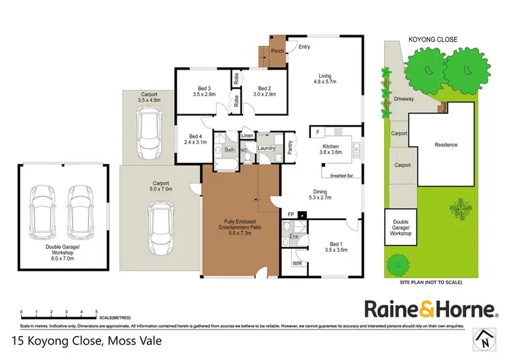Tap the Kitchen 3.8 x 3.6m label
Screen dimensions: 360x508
(x=331, y=149)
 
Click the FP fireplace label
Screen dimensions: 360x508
(x=291, y=216)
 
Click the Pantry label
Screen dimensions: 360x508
(x=289, y=148)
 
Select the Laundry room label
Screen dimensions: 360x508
(x=266, y=148)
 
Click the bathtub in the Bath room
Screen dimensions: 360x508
(x=225, y=165)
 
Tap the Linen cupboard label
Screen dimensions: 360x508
(x=247, y=136)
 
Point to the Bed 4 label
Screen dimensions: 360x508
(x=196, y=139)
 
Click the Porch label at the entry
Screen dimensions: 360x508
(x=278, y=51)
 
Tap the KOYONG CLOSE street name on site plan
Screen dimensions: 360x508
(x=433, y=40)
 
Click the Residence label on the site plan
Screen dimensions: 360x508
(x=446, y=145)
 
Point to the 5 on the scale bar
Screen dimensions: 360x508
(x=96, y=312)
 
